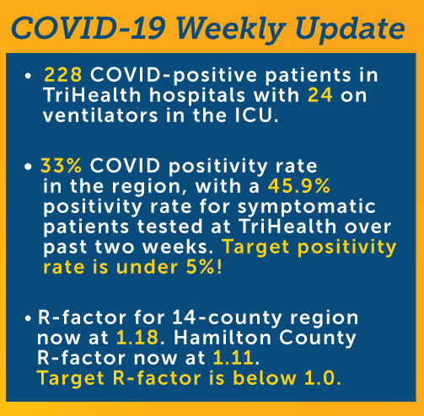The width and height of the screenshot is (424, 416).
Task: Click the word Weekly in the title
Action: [230, 29]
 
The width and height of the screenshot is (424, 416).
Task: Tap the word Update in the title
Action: [350, 29]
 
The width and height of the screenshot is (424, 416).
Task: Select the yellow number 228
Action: [63, 75]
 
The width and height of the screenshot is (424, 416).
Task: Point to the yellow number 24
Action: [320, 95]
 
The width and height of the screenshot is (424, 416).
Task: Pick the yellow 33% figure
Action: [61, 166]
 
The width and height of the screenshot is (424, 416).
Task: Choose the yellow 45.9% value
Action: [299, 186]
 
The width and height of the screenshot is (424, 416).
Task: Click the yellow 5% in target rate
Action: [200, 267]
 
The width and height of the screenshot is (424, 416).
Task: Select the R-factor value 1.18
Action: [137, 337]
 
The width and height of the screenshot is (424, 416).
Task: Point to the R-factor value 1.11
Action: [233, 358]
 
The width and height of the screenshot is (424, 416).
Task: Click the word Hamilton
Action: [223, 337]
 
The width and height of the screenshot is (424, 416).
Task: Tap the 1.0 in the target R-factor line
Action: [320, 378]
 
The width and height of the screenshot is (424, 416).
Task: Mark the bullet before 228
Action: [28, 76]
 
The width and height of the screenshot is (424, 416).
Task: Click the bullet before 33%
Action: [28, 167]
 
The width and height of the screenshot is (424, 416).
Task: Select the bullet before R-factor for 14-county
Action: [28, 318]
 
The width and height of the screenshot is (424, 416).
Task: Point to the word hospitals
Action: [197, 96]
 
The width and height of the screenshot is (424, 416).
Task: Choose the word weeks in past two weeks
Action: [177, 247]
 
